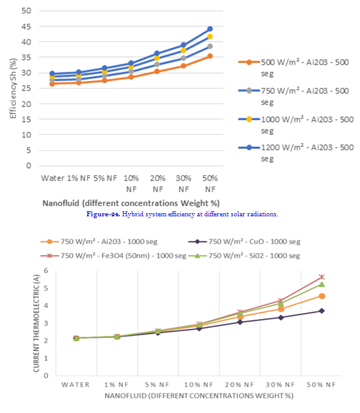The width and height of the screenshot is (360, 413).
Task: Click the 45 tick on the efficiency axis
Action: [x=26, y=26]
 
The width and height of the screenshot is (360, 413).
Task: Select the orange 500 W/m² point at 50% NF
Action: [x=210, y=56]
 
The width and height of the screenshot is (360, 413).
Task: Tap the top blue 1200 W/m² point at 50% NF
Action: [x=210, y=29]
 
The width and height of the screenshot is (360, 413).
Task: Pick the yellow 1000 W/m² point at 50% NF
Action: [x=210, y=37]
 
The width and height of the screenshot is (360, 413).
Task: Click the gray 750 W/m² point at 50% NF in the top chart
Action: [x=210, y=47]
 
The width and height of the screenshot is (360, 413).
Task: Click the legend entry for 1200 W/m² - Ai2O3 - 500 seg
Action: [x=296, y=153]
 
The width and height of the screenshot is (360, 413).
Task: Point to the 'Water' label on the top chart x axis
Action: [x=53, y=178]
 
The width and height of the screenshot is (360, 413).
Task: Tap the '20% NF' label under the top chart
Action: [x=158, y=184]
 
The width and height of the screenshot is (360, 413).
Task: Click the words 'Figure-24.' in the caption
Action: [x=103, y=214]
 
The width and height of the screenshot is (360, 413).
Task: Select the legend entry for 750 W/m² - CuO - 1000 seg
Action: [x=244, y=241]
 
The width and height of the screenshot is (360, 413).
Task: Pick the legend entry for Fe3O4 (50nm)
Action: [x=113, y=256]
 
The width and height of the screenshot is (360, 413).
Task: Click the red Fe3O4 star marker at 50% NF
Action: [x=322, y=277]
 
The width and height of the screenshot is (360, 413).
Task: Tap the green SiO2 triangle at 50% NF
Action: [x=322, y=284]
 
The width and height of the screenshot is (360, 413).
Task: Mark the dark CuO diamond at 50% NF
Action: [x=322, y=311]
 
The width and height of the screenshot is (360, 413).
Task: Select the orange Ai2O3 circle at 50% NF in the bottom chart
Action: [x=322, y=296]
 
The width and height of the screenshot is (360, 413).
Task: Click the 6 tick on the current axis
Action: [x=46, y=270]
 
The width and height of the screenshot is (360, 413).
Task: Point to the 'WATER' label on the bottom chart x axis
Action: [x=75, y=385]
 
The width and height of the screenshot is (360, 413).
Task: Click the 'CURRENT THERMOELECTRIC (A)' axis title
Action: [x=36, y=323]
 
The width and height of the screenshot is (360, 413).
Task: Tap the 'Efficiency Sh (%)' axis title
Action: [x=13, y=88]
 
